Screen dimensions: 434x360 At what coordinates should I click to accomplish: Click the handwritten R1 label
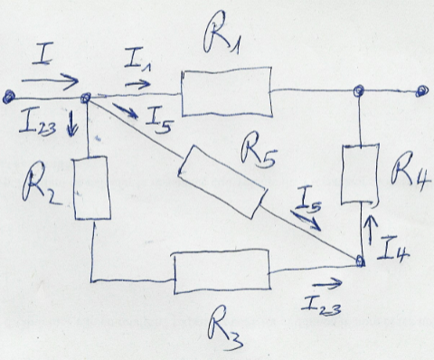point(222,33)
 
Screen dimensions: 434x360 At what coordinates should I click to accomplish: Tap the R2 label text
point(42,184)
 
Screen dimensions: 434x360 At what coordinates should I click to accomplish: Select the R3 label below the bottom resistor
point(225,327)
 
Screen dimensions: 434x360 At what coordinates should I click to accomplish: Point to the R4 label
point(410,174)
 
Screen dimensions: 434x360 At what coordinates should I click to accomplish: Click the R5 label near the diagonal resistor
point(259,151)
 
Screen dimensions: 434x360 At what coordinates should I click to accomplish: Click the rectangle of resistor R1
point(227,91)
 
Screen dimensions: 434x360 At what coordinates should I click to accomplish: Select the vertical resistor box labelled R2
point(92,187)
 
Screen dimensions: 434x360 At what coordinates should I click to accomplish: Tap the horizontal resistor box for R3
point(222,271)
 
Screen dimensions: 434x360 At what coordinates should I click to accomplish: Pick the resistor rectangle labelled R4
point(360,175)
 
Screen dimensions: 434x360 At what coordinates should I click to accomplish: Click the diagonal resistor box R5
point(222,182)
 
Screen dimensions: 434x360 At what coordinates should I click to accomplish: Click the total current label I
point(42,54)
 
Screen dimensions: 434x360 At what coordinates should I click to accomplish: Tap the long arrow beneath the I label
point(50,81)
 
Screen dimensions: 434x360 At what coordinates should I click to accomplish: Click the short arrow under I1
point(137,84)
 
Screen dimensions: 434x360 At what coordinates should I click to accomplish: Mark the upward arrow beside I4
point(371,230)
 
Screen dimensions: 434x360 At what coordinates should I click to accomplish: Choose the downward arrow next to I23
point(71,124)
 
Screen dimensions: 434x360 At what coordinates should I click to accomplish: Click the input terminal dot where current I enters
point(9,98)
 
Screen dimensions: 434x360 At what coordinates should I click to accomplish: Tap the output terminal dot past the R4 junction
point(421,90)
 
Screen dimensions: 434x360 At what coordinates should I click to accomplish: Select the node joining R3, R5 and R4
point(360,261)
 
